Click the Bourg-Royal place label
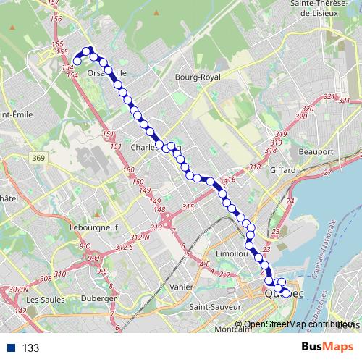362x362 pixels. (198, 76)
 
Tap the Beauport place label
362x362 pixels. (316, 152)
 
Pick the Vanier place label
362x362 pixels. (182, 287)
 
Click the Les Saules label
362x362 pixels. (41, 299)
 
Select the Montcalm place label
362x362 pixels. (234, 328)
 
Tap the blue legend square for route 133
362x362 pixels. (12, 348)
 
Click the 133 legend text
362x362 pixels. (30, 348)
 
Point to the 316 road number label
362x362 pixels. (231, 180)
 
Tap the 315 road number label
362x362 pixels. (189, 208)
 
